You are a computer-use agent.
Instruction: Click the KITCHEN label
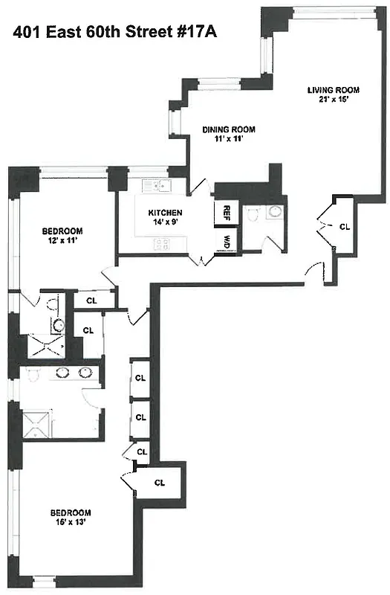point(164,212)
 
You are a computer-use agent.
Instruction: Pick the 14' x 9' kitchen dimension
point(164,222)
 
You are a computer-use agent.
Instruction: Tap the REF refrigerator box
point(226,213)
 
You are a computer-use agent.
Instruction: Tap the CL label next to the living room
point(344,226)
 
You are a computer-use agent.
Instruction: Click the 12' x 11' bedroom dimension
point(62,241)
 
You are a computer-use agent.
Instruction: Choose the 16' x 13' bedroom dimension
point(71,522)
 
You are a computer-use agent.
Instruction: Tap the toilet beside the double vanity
point(32,374)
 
